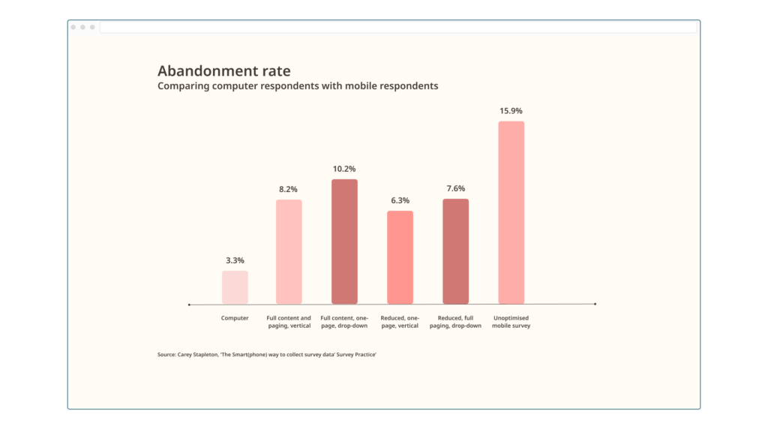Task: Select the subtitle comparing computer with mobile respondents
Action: [x=298, y=86]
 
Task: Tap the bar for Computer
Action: [x=235, y=287]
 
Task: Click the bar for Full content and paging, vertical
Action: [x=289, y=251]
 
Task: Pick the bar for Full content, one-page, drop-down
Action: [x=344, y=241]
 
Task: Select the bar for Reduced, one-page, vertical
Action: [x=400, y=257]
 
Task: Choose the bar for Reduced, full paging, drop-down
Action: [x=455, y=251]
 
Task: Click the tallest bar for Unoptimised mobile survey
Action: [x=511, y=212]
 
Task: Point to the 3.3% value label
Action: [x=235, y=260]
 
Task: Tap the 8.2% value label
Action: [x=289, y=189]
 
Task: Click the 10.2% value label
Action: [x=344, y=169]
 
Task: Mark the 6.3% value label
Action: [x=400, y=200]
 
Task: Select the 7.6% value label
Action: [x=455, y=188]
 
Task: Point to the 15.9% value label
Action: [x=511, y=111]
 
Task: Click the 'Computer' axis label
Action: [x=235, y=318]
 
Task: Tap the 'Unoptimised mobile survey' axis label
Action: [x=511, y=322]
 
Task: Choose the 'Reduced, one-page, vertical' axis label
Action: [x=400, y=322]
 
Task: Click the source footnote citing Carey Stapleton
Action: [x=266, y=354]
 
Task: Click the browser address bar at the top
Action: [x=397, y=27]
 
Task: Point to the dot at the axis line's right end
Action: [x=595, y=304]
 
